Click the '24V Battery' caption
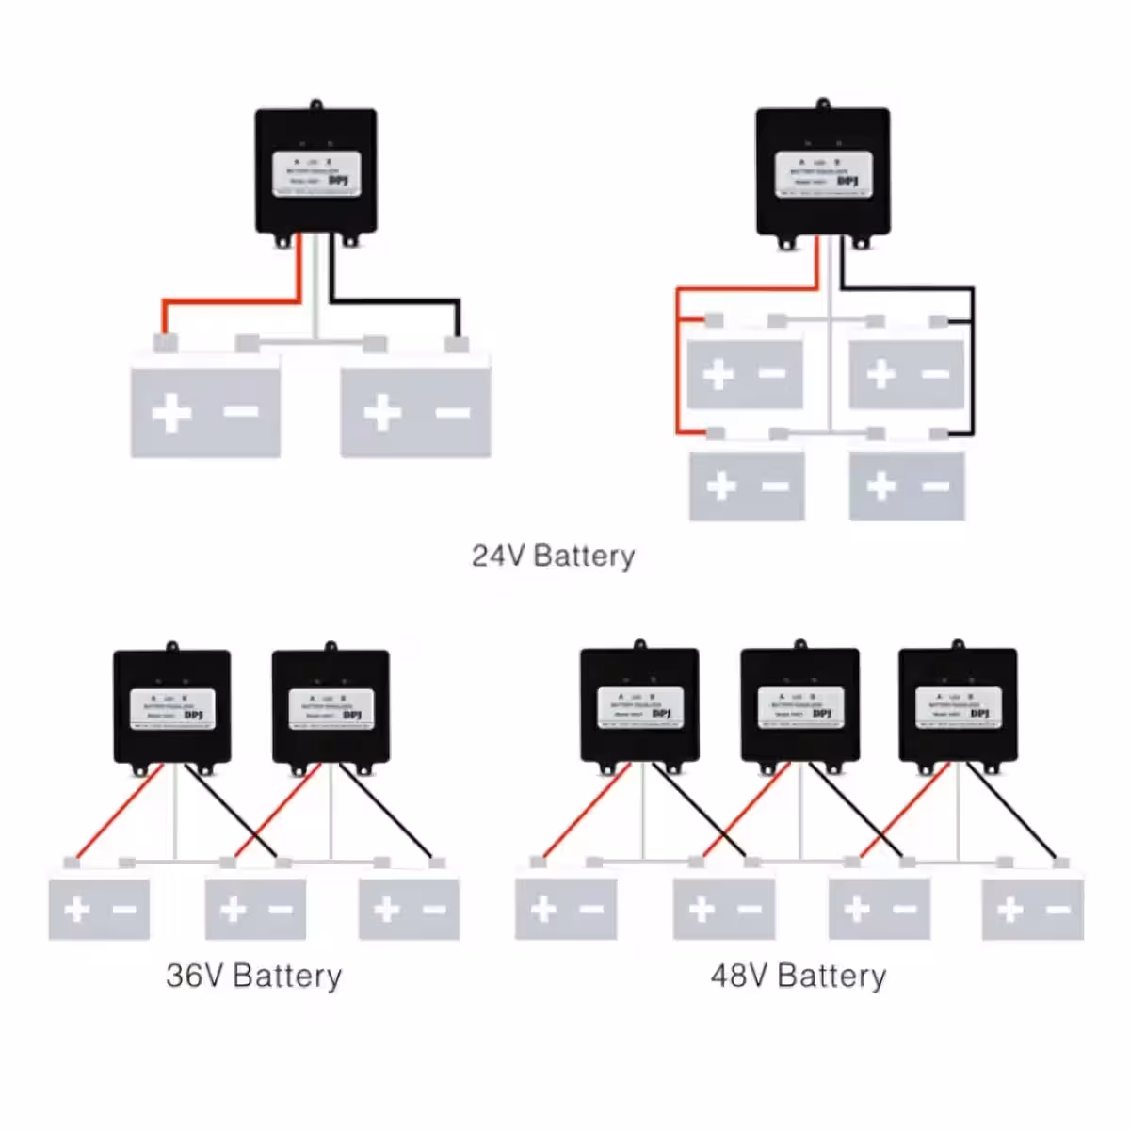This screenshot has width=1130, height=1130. click(x=553, y=556)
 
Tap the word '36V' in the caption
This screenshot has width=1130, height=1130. click(x=194, y=976)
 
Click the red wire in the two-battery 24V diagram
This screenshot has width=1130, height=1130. click(x=231, y=302)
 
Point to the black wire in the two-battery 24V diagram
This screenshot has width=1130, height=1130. click(x=395, y=302)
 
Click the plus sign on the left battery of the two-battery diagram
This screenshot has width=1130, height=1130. click(x=171, y=413)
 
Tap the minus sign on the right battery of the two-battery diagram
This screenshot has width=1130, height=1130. click(x=452, y=412)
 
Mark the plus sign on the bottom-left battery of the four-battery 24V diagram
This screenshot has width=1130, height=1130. click(x=720, y=486)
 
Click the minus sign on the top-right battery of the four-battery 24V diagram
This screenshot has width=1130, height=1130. click(x=935, y=374)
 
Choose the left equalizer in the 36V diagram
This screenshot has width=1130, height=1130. click(x=171, y=706)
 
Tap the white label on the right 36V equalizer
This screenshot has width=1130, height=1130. click(x=330, y=708)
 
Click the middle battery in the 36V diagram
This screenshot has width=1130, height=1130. click(x=255, y=909)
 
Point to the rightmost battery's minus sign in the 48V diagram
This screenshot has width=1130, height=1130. click(x=1057, y=910)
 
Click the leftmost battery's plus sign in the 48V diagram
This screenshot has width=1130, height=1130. click(x=542, y=910)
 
